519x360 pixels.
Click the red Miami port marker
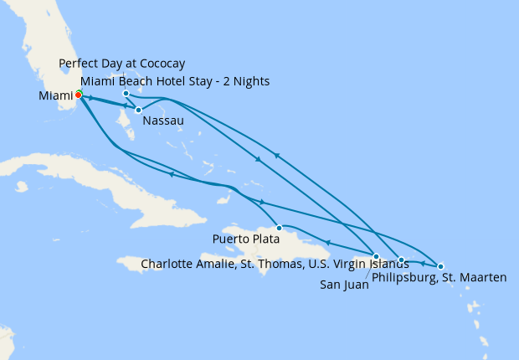coord(78,95)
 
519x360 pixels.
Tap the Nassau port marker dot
coord(138,110)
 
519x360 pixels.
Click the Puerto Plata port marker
coord(279,227)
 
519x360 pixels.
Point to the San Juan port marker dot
coord(377,256)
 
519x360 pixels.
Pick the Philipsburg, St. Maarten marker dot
coord(440,266)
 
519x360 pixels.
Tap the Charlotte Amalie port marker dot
coord(402,260)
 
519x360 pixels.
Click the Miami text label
coord(55,95)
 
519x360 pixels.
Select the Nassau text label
coord(162,121)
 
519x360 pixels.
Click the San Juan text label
coord(345,285)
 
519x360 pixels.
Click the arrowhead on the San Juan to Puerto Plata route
coord(327,243)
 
